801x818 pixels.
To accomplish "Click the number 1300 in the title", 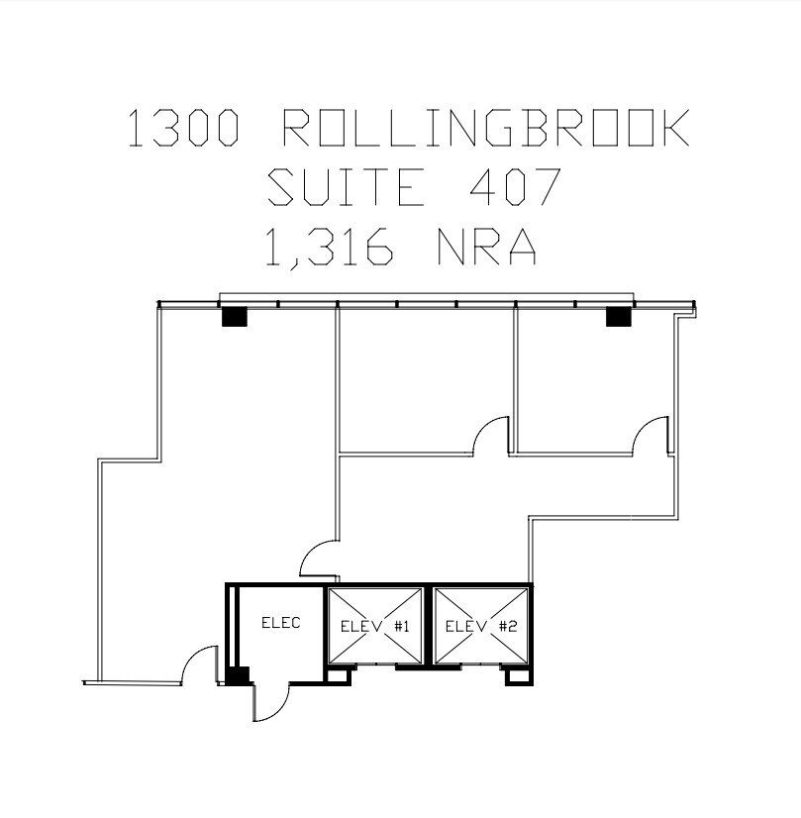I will pyautogui.click(x=183, y=130).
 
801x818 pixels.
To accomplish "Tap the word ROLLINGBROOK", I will pyautogui.click(x=486, y=130).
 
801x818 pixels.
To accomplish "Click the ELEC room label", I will pyautogui.click(x=280, y=623).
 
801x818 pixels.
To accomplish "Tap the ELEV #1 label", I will pyautogui.click(x=375, y=626).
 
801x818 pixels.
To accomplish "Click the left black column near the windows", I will pyautogui.click(x=233, y=316).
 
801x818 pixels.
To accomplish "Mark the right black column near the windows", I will pyautogui.click(x=618, y=316).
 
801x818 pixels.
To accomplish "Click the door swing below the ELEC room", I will pyautogui.click(x=269, y=702).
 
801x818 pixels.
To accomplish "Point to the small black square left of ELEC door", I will pyautogui.click(x=237, y=677).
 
